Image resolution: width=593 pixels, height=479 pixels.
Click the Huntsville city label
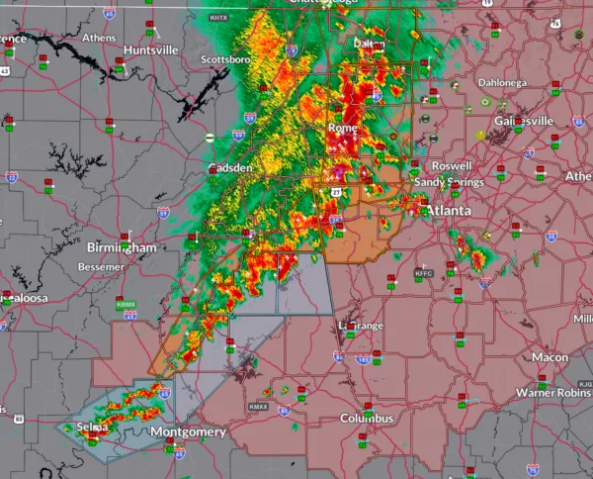point(151,48)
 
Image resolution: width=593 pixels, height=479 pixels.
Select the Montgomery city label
point(188,432)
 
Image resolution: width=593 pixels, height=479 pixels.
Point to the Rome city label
point(343,128)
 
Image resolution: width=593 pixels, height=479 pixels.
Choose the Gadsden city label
point(229,168)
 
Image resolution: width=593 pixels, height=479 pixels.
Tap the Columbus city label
point(367,419)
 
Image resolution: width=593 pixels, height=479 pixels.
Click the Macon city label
point(550,356)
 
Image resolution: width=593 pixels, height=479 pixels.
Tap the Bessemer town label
point(102,267)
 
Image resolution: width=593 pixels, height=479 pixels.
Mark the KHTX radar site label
point(218,18)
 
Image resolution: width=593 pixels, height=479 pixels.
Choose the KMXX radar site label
point(258,406)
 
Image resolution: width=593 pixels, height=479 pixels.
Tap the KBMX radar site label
point(126,304)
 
